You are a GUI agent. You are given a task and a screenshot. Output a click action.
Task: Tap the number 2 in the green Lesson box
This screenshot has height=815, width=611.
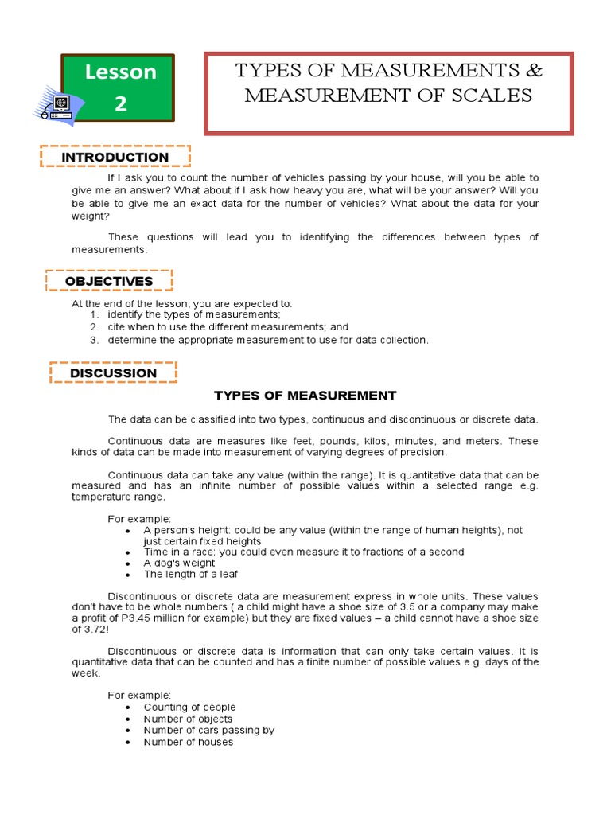(120, 103)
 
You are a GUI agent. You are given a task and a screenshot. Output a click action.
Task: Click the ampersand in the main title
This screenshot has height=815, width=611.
(534, 71)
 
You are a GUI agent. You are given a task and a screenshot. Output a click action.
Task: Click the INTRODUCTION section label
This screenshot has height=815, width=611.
(115, 158)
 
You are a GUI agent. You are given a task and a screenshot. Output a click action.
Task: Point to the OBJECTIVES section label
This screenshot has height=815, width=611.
(109, 281)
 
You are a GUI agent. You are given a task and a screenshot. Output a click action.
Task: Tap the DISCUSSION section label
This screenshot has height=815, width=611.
(114, 372)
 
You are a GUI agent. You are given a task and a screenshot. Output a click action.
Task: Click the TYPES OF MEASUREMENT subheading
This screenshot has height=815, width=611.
(305, 396)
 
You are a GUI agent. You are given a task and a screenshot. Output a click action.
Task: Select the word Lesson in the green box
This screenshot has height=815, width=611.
(121, 72)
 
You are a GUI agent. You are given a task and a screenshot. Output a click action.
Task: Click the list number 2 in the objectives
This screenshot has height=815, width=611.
(93, 327)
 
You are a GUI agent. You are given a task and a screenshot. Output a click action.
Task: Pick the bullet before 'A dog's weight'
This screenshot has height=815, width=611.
(128, 563)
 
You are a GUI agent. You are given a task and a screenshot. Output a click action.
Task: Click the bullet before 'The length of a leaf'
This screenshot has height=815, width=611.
(128, 575)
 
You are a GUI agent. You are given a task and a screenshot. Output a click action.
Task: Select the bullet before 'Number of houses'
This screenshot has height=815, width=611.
(128, 742)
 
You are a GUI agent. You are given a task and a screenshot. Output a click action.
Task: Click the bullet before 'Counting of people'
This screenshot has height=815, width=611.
(128, 708)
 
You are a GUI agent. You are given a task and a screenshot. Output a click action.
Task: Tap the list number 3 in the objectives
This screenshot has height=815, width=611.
(93, 340)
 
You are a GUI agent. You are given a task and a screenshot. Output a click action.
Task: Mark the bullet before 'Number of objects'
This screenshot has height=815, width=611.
(128, 719)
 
